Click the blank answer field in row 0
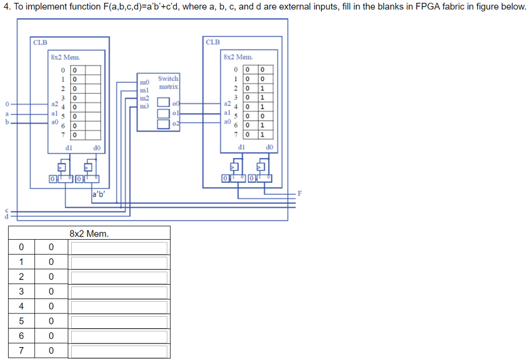coord(119,247)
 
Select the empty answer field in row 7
coord(119,352)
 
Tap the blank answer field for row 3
coord(119,292)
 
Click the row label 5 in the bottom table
coord(21,322)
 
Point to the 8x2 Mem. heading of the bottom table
coord(89,234)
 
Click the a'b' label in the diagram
coord(98,195)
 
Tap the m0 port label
coord(144,82)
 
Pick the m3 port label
coord(144,106)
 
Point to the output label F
coord(300,194)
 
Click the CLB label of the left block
coord(40,42)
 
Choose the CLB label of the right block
coord(212,42)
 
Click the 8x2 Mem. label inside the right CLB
coord(238,57)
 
